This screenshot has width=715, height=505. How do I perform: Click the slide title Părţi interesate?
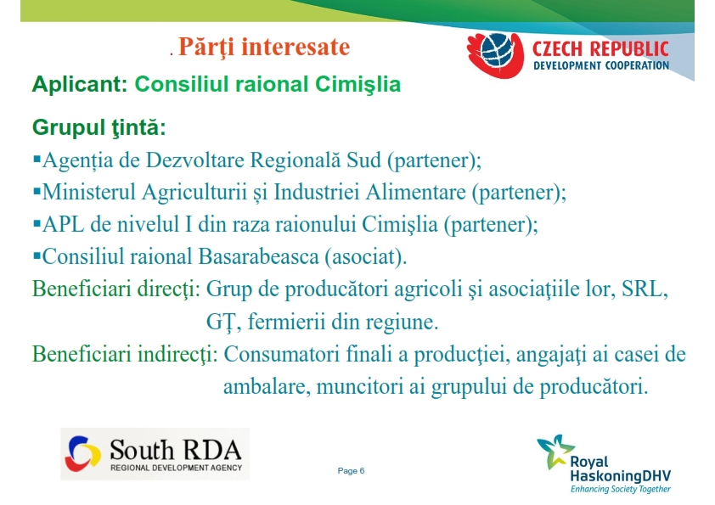[264, 48]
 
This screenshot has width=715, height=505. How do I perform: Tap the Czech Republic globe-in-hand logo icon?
[496, 55]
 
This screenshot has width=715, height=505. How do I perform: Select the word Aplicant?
[80, 84]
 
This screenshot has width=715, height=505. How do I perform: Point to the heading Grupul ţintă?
[99, 127]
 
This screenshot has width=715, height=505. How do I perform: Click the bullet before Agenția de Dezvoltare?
[37, 159]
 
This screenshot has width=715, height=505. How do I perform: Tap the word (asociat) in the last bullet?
[366, 257]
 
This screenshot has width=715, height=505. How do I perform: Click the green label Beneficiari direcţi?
[116, 289]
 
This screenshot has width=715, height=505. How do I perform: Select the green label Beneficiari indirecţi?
[125, 354]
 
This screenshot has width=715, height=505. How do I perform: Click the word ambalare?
[267, 386]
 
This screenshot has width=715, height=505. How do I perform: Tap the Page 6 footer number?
[351, 471]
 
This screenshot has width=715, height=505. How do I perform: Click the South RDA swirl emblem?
[82, 453]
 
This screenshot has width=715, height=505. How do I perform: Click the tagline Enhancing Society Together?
[621, 489]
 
